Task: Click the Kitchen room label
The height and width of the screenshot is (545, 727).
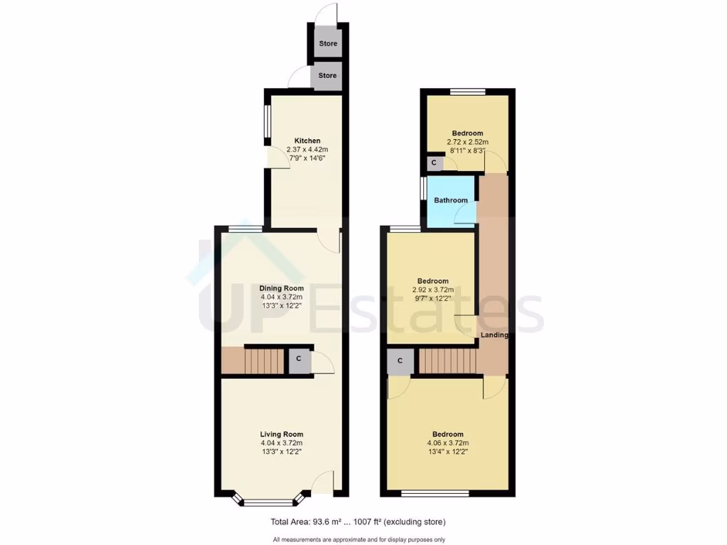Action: coord(307,141)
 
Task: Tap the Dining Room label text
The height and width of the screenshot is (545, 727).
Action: coord(281,287)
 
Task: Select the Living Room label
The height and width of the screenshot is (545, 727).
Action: coord(281,434)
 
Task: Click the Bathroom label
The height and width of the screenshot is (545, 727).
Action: coord(451,200)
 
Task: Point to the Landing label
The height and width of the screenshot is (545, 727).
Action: coord(496,335)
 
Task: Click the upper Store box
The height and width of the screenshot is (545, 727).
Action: coord(327,44)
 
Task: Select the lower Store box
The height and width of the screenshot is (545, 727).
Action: coord(327,75)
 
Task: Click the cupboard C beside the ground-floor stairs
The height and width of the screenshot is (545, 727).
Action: coord(299,359)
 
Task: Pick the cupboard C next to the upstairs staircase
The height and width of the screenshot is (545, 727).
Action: coord(400,360)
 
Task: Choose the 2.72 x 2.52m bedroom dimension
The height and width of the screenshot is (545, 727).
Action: coord(467,142)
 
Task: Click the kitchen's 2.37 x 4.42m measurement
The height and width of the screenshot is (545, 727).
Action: coord(307,150)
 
